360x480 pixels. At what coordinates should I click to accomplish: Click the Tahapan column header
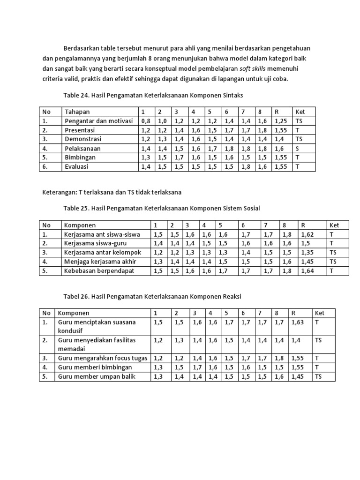(77, 112)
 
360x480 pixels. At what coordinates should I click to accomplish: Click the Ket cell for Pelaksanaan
(298, 148)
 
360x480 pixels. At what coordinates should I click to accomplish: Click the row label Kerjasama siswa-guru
(95, 243)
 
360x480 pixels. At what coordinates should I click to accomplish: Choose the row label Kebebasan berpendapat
(98, 270)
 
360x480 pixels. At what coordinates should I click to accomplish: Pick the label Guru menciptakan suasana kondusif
(96, 326)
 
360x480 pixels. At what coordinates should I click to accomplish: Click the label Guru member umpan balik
(97, 376)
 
